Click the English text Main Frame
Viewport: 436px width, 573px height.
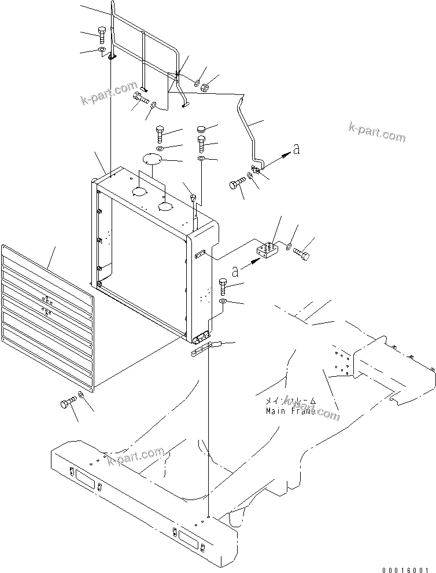pos(291,411)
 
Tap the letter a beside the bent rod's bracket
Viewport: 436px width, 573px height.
pos(296,150)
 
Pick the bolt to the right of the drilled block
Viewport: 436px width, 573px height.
pos(302,253)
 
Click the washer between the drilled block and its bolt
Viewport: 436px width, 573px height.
pos(288,248)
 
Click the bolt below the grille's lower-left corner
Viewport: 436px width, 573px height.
pos(67,402)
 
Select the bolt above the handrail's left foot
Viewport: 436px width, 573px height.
pos(102,34)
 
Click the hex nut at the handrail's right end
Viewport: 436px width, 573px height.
pos(205,87)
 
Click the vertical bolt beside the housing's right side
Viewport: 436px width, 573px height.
pos(224,286)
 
